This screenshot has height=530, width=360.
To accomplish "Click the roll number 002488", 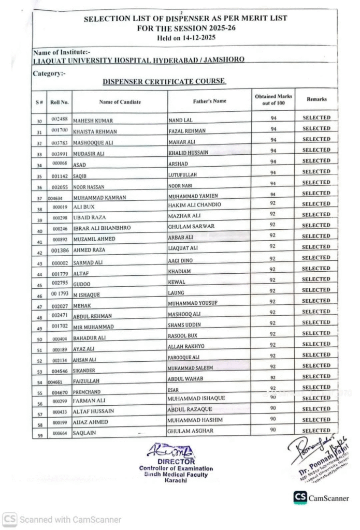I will (61, 119).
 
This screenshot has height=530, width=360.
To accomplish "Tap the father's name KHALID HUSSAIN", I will (189, 153).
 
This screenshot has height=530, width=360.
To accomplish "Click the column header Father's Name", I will (209, 101).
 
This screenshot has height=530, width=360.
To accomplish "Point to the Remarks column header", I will (316, 98).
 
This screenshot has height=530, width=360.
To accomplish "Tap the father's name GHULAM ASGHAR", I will (190, 431).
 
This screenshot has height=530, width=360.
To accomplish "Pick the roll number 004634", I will (55, 198).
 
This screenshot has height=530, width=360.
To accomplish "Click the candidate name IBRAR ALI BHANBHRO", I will (102, 228).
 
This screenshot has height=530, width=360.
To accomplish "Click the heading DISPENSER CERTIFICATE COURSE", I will (164, 82).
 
